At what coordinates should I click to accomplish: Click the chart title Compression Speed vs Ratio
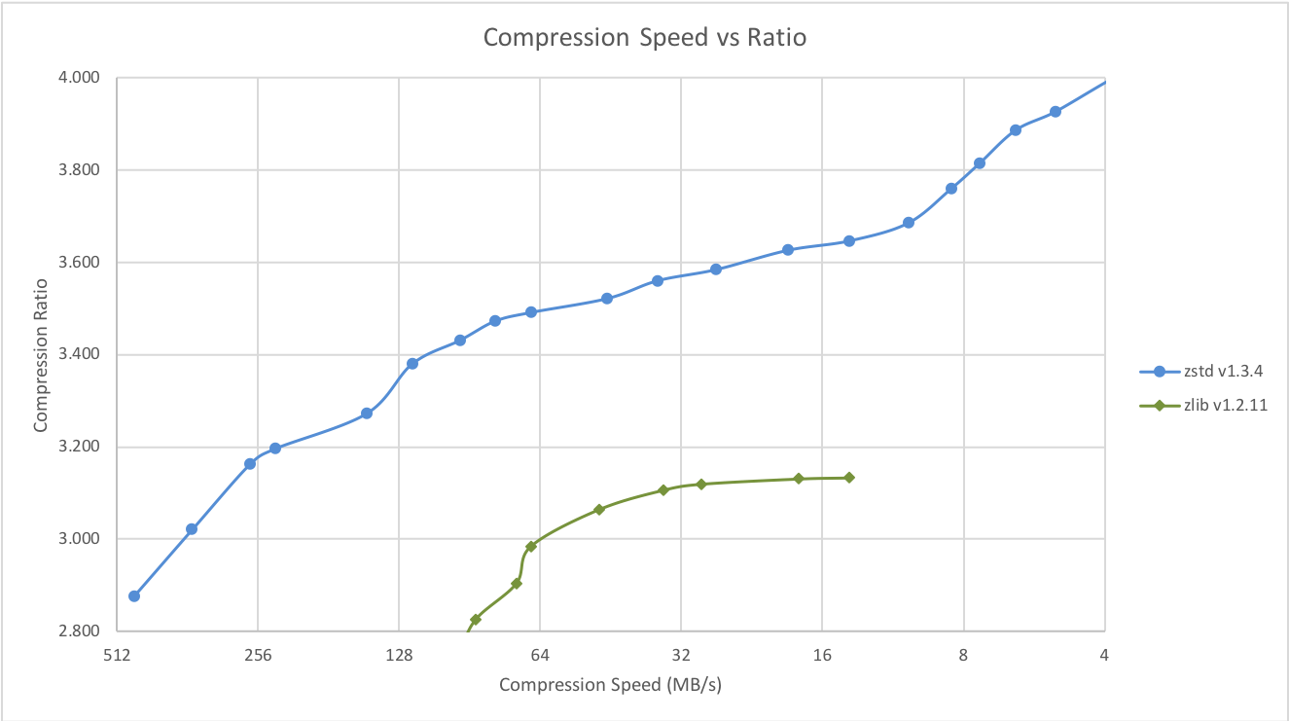point(645,38)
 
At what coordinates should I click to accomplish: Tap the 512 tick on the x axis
point(117,655)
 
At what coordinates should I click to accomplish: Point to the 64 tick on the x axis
point(540,655)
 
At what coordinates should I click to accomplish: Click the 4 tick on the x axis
point(1104,655)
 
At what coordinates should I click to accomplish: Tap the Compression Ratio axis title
point(41,354)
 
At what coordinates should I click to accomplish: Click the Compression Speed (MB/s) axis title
point(610,685)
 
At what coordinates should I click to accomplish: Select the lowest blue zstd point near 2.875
point(134,595)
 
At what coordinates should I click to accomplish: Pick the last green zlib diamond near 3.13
point(849,477)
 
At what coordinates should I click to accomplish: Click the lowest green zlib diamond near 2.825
point(476,620)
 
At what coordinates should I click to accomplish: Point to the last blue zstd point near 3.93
point(1056,112)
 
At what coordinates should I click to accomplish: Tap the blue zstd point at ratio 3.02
point(192,529)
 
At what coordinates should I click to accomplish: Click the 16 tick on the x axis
point(822,655)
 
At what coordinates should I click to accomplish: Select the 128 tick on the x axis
point(399,655)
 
